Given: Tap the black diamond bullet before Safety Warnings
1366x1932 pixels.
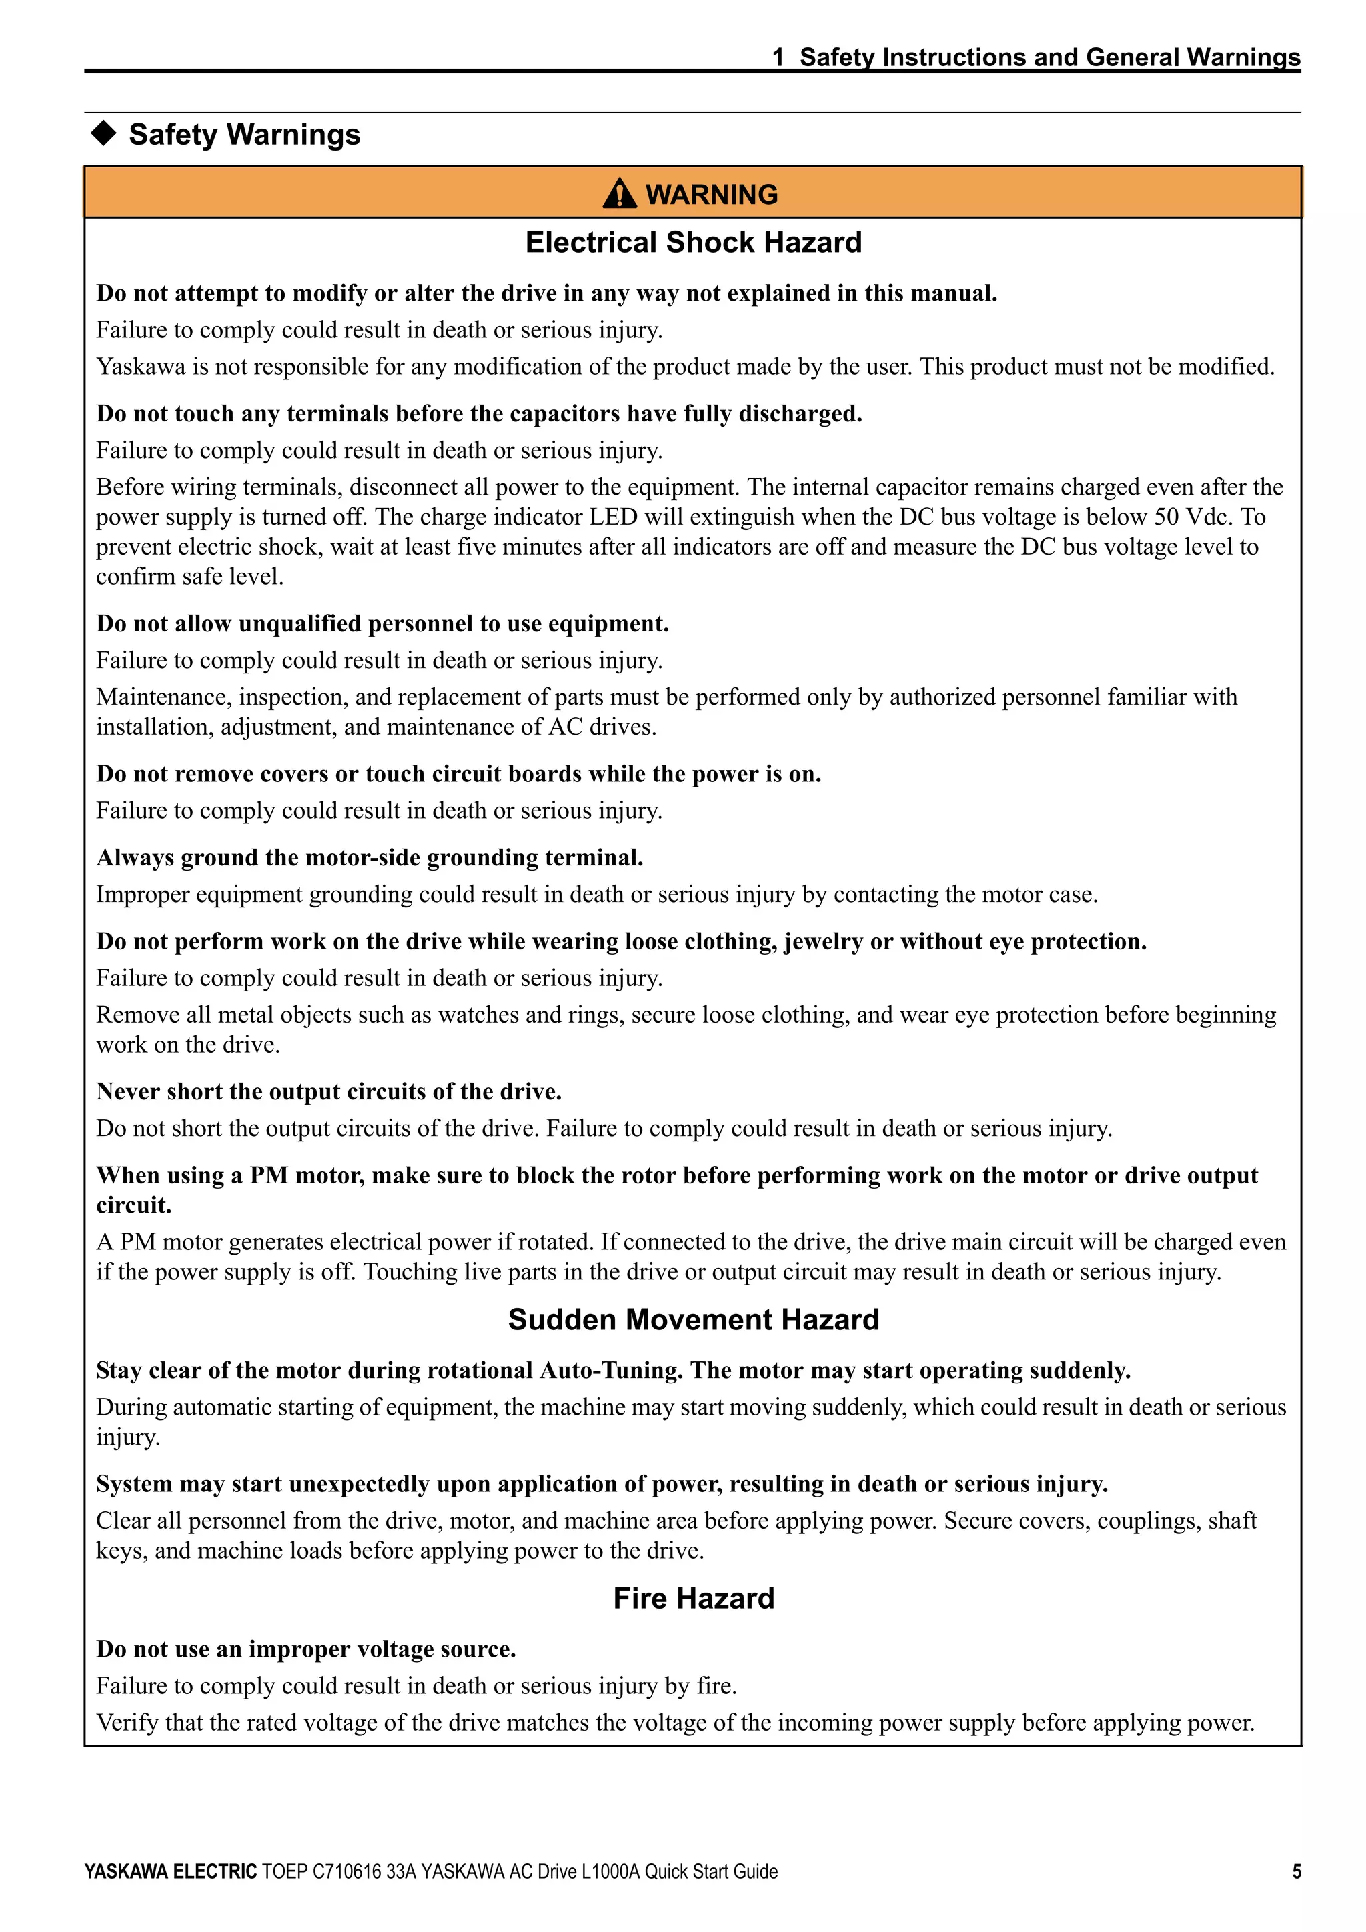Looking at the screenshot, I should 103,133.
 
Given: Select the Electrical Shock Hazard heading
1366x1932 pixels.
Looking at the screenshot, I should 693,243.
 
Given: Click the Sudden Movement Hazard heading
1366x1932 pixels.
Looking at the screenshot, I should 693,1319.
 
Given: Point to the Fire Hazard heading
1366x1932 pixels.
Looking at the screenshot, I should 693,1598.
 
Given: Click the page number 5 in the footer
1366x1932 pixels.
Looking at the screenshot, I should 1296,1871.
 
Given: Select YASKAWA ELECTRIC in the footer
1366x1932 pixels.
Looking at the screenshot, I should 170,1871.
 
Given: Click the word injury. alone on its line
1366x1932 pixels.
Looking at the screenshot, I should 128,1437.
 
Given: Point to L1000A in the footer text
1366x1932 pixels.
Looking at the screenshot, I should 611,1871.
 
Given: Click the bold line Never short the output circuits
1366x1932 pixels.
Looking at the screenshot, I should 328,1091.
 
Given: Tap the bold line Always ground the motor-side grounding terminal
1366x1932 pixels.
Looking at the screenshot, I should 370,857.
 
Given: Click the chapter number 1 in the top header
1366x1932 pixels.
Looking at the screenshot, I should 778,57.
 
